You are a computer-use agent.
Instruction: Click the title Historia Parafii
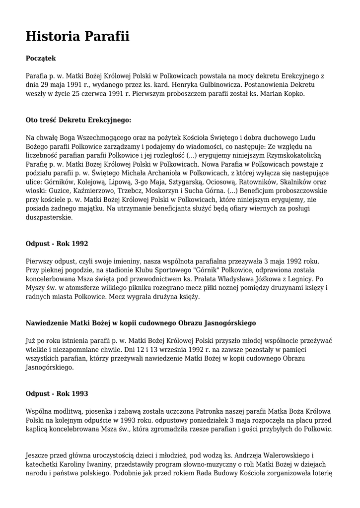tap(77, 36)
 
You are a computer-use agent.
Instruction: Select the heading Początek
tap(41, 59)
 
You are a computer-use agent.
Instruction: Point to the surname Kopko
tap(292, 94)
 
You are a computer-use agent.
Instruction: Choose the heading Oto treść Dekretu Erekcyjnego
tap(78, 120)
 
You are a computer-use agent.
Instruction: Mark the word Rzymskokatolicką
tap(293, 155)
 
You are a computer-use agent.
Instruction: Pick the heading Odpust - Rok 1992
tap(57, 244)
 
